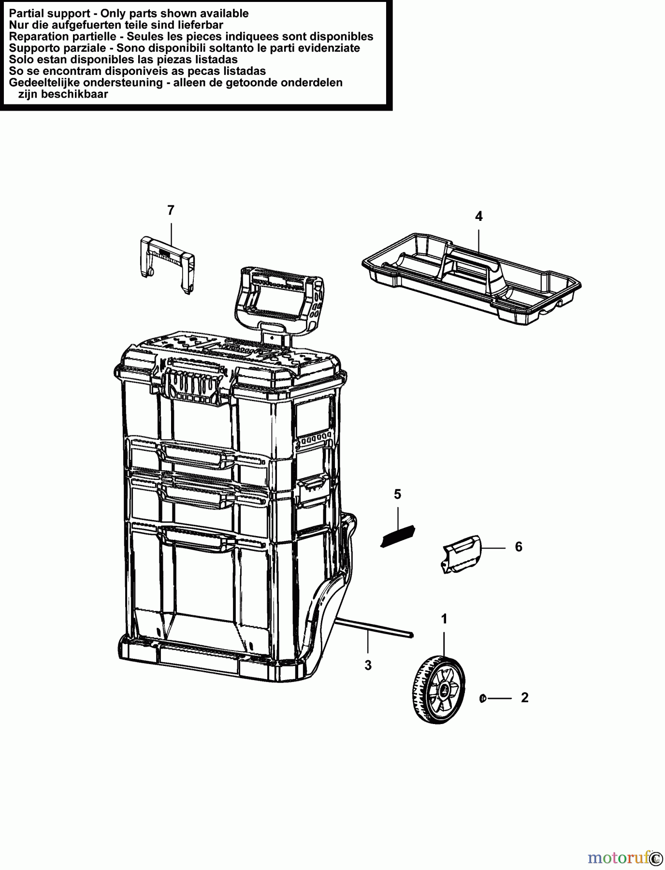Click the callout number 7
[171, 210]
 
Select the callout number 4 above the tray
[478, 217]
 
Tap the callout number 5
[397, 494]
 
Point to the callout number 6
[519, 547]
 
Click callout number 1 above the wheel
[444, 619]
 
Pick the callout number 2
[525, 698]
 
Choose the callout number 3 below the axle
[368, 666]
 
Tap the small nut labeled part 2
[482, 698]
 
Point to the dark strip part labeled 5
[398, 536]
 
